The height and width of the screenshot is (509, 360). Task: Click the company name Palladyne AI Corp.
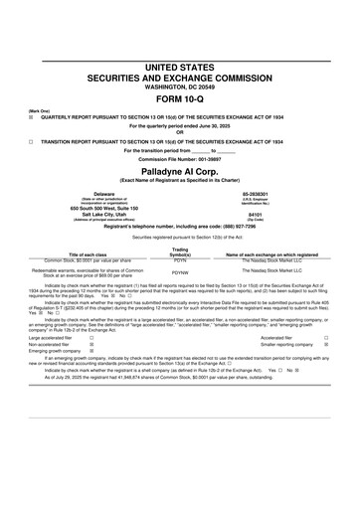coord(180,171)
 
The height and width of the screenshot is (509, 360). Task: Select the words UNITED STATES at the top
coord(180,66)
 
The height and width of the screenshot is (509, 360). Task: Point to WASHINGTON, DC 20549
coord(180,86)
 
